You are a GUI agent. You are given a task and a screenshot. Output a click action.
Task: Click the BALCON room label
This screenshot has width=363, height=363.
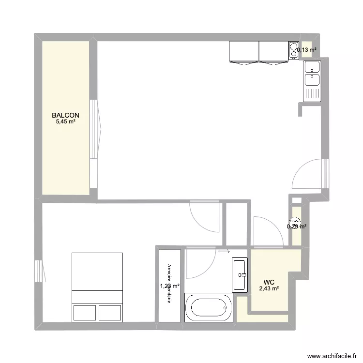[x=66, y=115]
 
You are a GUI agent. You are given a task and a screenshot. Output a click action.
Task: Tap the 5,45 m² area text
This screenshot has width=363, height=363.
[x=66, y=122]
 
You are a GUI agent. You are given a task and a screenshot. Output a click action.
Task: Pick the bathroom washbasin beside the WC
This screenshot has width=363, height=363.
[x=240, y=275]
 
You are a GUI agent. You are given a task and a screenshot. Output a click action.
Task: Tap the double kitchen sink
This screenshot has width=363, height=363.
[x=312, y=80]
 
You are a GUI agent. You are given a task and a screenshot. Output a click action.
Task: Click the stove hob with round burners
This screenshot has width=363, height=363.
[x=294, y=50]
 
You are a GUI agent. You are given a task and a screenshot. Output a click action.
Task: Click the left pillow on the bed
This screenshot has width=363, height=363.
[x=84, y=312]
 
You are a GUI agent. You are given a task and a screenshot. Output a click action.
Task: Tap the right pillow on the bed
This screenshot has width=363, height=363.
[x=110, y=312]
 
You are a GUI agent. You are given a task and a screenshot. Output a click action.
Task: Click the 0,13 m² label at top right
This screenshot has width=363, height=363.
[x=307, y=49]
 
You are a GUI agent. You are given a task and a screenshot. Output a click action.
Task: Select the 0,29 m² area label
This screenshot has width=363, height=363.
[x=296, y=226]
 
